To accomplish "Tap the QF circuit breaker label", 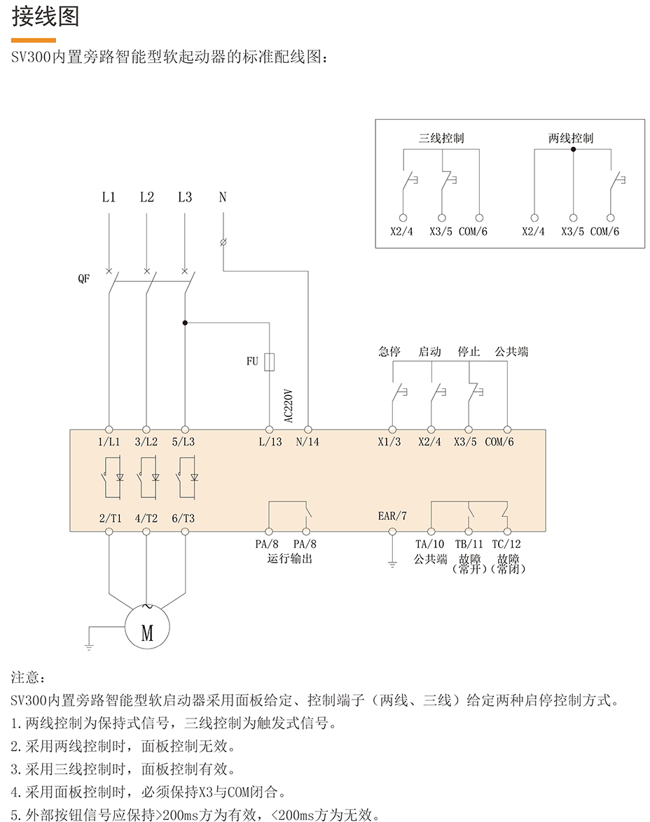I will (x=84, y=278).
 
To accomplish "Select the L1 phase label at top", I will (x=109, y=198).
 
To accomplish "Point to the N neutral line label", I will (x=223, y=198).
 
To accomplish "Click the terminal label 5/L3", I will (x=184, y=442).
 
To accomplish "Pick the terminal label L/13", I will (x=270, y=442).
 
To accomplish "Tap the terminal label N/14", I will (x=307, y=442).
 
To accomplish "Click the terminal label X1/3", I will (x=389, y=442).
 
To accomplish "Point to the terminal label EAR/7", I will (x=392, y=516).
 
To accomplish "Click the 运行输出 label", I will (x=289, y=558).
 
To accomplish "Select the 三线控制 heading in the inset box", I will (x=441, y=139).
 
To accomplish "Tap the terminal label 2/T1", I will (x=110, y=518).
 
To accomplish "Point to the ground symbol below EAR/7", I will (x=392, y=563).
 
